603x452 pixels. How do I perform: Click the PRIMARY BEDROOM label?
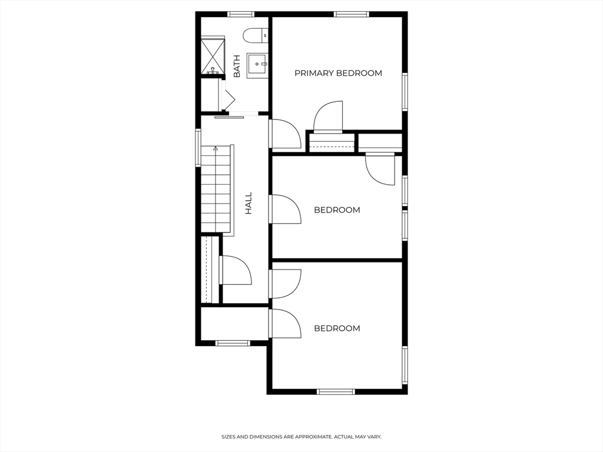pos(338,74)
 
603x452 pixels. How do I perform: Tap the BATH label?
pos(237,67)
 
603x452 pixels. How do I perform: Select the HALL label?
pos(249,202)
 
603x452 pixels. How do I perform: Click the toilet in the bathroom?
pos(256,35)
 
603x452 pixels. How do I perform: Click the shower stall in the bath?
pos(213,56)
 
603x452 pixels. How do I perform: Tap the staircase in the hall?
pos(216,188)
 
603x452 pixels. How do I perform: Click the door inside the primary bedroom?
pos(328,118)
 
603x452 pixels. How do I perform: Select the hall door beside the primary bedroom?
pos(285,134)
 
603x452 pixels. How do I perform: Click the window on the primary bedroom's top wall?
pos(351,14)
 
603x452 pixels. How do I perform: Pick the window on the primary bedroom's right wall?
pos(405,91)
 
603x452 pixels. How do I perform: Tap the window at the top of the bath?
pos(240,14)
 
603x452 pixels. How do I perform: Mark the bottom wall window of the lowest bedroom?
pos(336,391)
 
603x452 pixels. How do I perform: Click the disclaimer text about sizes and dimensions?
pos(301,437)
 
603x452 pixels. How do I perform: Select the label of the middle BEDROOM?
pos(337,210)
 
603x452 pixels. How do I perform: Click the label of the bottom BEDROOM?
pos(337,328)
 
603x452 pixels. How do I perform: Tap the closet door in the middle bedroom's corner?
pos(380,169)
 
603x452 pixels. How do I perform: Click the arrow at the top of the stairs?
pos(216,148)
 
